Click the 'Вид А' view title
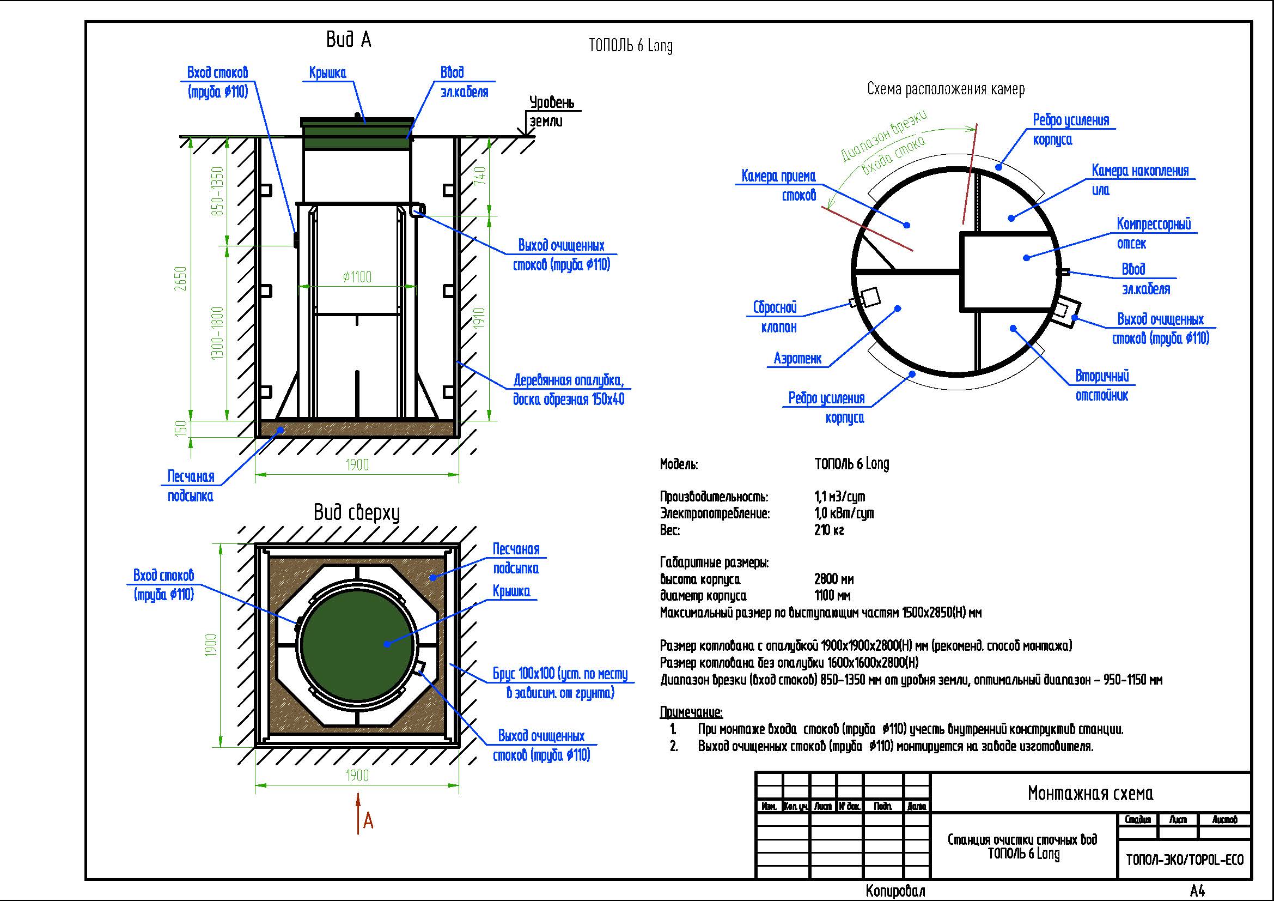click(x=349, y=40)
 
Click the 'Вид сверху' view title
click(x=357, y=512)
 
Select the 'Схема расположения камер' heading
click(x=946, y=89)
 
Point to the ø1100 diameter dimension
click(x=357, y=276)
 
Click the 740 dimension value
click(x=480, y=176)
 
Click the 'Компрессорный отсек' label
click(x=1154, y=234)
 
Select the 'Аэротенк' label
click(x=798, y=359)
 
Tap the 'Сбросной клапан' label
click(x=775, y=317)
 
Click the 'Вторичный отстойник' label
click(x=1102, y=386)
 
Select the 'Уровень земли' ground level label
click(x=551, y=112)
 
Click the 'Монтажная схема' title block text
click(x=1090, y=793)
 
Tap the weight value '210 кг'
click(x=829, y=530)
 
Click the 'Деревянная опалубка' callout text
click(x=569, y=380)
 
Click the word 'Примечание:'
click(x=691, y=712)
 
